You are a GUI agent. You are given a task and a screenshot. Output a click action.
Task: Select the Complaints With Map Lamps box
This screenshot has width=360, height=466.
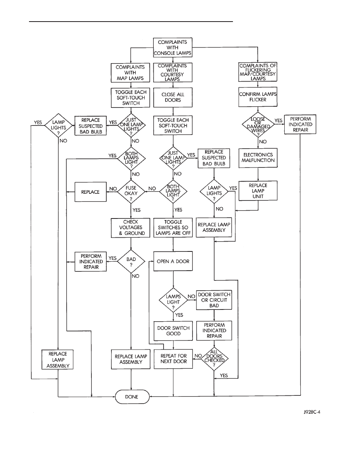point(131,72)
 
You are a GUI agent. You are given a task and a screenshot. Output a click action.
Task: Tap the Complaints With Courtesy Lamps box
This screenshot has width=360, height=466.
point(173,72)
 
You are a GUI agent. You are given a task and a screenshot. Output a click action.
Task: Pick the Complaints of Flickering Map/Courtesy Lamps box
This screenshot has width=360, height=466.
point(258,72)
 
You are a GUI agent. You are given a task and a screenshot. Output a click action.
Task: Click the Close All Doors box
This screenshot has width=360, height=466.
point(173,97)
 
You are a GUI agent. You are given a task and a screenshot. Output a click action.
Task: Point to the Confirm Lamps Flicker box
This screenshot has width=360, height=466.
point(258,97)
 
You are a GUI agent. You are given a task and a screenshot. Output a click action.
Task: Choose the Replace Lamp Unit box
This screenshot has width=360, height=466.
point(258,191)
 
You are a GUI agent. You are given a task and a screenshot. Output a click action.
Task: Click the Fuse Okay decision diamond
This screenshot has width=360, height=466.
point(131,191)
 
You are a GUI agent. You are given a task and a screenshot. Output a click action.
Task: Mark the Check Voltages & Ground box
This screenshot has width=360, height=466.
point(131,228)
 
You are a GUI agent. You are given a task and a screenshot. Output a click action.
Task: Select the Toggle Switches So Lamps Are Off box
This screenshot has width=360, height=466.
point(173,228)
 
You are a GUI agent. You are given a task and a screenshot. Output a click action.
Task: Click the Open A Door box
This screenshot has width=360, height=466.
point(173,261)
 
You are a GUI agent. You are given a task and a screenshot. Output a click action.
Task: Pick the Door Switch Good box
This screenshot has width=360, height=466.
point(173,331)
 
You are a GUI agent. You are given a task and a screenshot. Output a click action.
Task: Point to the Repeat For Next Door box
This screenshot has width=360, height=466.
point(173,359)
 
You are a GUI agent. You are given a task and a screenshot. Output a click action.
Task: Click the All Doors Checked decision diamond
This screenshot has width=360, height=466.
point(214,358)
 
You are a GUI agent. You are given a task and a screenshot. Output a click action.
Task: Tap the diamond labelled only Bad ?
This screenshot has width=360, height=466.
point(131,261)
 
